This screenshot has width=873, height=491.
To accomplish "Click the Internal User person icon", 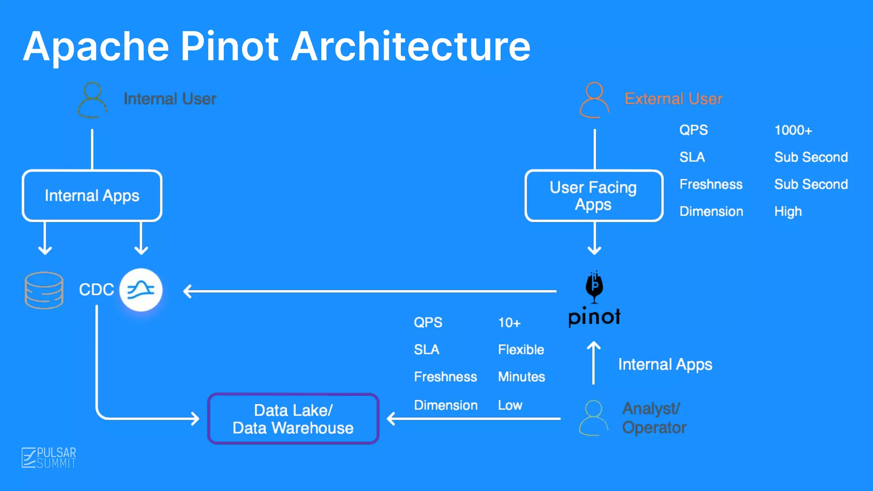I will click(x=93, y=100).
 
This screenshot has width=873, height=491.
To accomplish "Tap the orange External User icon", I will click(x=594, y=100).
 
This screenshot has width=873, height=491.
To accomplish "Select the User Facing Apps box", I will click(x=594, y=196).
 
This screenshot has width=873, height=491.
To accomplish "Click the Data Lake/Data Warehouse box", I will click(x=293, y=419).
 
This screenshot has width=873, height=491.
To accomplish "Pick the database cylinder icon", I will click(x=44, y=290).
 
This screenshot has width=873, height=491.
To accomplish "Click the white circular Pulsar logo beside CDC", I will click(x=141, y=290).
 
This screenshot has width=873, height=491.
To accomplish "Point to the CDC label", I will click(x=96, y=290).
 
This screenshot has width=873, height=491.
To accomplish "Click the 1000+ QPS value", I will click(x=793, y=130).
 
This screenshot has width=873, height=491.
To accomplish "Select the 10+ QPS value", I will click(x=509, y=323).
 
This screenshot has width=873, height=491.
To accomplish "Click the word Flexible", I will click(x=521, y=349).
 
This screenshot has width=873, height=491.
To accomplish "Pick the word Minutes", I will click(x=521, y=377).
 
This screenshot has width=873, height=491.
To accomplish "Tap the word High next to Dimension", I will click(x=788, y=211).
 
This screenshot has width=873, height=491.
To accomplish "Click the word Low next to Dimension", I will click(x=510, y=405).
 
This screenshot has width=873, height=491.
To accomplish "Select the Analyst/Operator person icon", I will click(x=593, y=418).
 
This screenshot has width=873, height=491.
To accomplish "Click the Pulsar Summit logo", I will click(x=49, y=458).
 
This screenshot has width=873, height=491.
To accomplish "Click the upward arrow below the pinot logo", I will click(x=593, y=362).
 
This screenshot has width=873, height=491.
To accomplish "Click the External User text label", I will click(x=673, y=99).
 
